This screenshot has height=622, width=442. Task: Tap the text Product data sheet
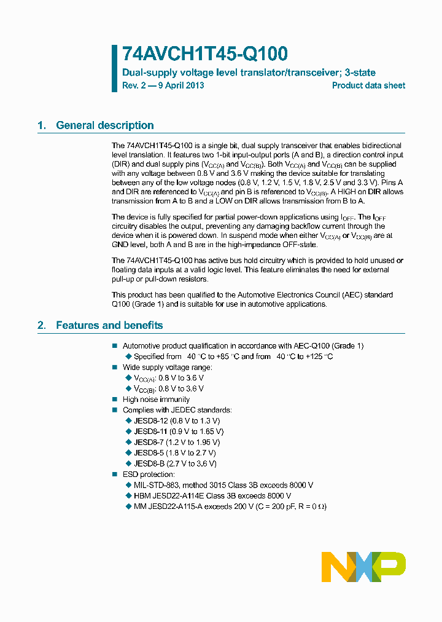(368, 85)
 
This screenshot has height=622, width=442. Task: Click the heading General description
(104, 125)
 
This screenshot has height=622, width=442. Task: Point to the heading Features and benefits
(109, 325)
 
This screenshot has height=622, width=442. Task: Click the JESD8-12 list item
(176, 421)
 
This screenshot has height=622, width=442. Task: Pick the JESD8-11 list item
(176, 431)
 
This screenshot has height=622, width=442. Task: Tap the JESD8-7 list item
(176, 442)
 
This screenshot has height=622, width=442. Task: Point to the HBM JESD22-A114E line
(212, 495)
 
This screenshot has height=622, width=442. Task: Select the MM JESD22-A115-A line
(230, 506)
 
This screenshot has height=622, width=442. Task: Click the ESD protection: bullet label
(149, 474)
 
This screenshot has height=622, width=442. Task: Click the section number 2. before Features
(41, 325)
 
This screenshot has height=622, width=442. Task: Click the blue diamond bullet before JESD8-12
(128, 421)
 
